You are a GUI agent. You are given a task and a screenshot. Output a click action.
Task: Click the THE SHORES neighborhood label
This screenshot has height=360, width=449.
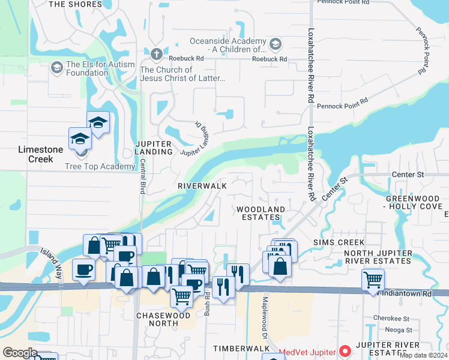[75, 4]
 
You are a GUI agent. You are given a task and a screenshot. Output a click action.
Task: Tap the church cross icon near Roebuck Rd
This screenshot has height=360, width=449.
[157, 54]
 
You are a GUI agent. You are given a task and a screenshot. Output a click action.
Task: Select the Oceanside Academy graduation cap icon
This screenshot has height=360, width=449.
[275, 43]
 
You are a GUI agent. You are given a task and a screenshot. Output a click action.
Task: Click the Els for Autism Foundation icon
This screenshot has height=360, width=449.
[57, 67]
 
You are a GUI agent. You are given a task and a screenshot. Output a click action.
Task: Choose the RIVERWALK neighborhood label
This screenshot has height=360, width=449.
[202, 186]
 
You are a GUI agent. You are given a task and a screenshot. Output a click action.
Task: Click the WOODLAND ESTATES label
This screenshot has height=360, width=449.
[260, 213]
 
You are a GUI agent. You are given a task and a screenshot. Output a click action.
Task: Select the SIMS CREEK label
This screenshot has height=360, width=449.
[339, 242]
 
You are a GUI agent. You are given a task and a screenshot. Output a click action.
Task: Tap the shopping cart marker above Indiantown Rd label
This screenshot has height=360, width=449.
[373, 279]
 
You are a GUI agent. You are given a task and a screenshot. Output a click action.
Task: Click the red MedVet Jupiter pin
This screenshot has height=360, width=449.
[346, 350]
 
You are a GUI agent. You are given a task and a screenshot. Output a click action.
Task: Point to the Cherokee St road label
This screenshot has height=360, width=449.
[391, 319]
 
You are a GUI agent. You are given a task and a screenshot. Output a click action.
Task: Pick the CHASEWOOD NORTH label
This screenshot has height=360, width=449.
[158, 319]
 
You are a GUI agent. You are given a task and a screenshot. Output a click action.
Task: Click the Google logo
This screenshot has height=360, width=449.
[20, 353]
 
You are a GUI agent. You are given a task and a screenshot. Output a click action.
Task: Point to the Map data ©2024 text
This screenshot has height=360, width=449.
[423, 355]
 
